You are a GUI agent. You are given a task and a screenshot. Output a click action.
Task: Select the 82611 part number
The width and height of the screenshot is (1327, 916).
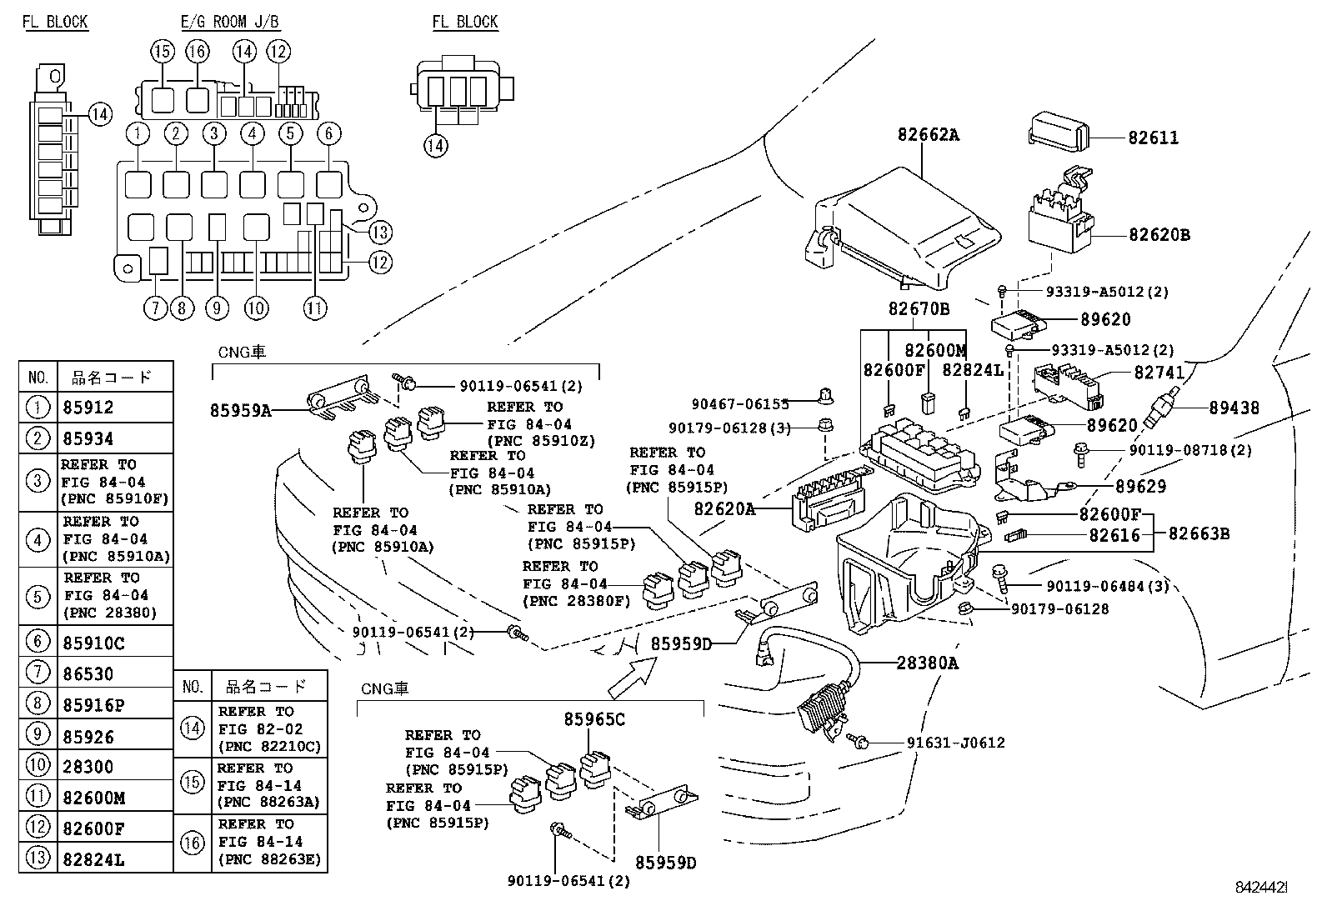click(x=1153, y=138)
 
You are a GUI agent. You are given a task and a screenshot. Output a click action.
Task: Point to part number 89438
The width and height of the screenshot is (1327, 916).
click(x=1234, y=408)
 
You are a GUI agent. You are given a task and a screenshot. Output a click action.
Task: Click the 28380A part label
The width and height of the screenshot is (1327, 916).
click(x=927, y=663)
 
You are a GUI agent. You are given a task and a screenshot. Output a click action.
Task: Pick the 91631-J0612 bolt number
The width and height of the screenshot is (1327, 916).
click(x=955, y=743)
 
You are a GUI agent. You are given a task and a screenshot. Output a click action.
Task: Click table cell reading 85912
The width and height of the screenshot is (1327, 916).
click(x=88, y=408)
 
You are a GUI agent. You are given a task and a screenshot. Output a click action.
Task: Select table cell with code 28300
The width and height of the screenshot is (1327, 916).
click(x=88, y=767)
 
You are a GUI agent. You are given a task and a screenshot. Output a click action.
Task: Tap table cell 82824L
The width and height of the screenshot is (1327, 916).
click(x=93, y=858)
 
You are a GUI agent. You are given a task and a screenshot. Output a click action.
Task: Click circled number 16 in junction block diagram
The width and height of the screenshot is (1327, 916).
click(x=198, y=52)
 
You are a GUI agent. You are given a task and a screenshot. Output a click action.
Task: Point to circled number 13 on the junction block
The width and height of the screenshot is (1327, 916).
click(x=380, y=233)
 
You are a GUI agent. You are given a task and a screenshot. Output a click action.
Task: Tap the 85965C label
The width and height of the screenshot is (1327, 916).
click(x=594, y=719)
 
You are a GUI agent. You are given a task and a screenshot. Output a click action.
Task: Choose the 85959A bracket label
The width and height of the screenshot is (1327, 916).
click(x=240, y=410)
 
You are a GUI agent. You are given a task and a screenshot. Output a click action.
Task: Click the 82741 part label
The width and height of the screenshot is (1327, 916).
click(x=1158, y=376)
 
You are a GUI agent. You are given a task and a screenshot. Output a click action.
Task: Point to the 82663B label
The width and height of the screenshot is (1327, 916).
click(x=1199, y=533)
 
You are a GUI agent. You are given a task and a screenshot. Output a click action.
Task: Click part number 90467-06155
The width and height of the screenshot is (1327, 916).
click(x=740, y=404)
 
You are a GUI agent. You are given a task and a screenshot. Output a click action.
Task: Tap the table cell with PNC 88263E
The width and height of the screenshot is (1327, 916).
click(x=269, y=843)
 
